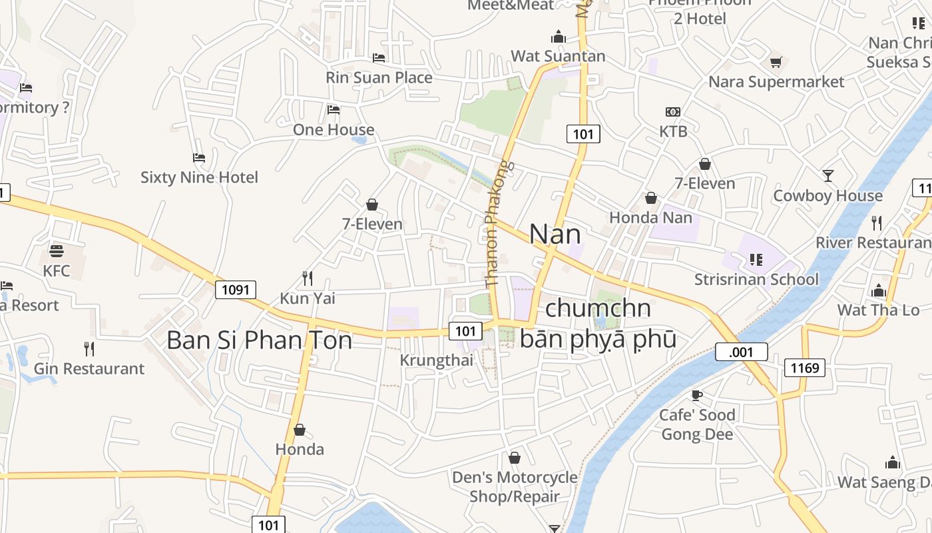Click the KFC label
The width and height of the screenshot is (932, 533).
[x=56, y=271]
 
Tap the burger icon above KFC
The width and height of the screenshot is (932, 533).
[x=56, y=251]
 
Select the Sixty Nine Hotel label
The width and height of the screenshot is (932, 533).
[x=199, y=177]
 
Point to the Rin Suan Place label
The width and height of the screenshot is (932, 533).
[x=379, y=77]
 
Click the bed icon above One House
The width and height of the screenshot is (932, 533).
[x=334, y=109]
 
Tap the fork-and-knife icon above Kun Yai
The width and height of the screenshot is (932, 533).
[x=307, y=277]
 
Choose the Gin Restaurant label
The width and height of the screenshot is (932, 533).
[x=89, y=368]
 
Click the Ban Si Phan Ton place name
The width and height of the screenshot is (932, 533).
[x=259, y=340]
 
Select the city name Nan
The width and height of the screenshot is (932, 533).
[x=555, y=234]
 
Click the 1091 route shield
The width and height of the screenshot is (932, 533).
[x=236, y=289]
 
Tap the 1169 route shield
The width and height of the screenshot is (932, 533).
[x=805, y=367]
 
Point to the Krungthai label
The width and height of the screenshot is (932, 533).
[x=436, y=360]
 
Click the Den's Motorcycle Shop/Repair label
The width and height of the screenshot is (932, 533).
[x=515, y=487]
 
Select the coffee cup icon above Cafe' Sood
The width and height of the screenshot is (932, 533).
[x=696, y=395]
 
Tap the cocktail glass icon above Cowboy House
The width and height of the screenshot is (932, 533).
[x=827, y=176]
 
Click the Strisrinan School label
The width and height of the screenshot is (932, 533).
[x=756, y=279]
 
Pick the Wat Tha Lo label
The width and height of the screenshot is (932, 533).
[x=878, y=310]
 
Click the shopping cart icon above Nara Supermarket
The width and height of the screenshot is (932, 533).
[x=776, y=62]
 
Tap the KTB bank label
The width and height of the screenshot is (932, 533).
[x=673, y=131]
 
